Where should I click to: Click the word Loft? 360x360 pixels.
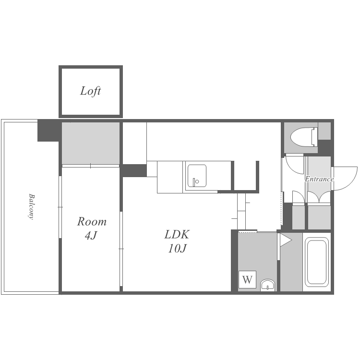[90, 91]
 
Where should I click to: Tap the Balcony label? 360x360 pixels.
[32, 206]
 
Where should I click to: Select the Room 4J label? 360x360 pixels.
[92, 228]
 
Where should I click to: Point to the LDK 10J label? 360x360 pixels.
[177, 241]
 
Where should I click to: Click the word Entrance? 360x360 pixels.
[319, 179]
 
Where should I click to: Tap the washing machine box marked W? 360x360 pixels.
[247, 279]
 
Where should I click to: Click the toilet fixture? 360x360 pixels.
[304, 137]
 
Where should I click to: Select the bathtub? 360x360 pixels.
[317, 262]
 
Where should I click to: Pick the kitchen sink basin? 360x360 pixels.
[197, 176]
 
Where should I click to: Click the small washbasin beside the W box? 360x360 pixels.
[267, 285]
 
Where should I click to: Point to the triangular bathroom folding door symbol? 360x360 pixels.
[286, 240]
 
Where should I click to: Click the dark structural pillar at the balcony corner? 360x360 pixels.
[48, 130]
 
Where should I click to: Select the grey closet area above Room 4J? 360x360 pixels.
[91, 143]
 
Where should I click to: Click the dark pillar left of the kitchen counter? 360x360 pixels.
[134, 170]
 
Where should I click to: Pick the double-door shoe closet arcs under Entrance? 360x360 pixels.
[319, 197]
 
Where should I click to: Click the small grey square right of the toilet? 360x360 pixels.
[324, 131]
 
